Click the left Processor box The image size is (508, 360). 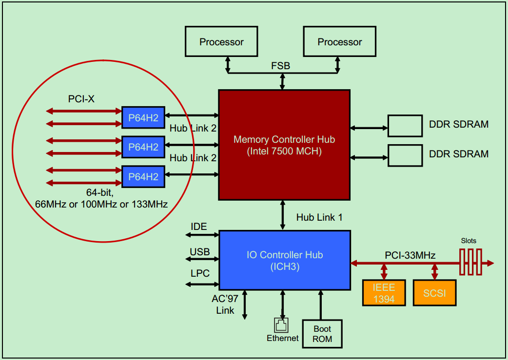tap(221, 42)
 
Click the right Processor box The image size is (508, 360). tap(339, 42)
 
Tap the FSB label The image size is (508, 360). tap(281, 65)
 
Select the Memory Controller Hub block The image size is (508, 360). tap(284, 145)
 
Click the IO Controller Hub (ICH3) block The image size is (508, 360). tap(285, 260)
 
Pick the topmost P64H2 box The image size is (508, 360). tap(143, 117)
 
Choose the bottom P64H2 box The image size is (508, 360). tap(143, 177)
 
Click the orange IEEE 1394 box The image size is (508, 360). tap(384, 292)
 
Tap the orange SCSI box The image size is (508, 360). tap(434, 293)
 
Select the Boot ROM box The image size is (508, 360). tap(322, 334)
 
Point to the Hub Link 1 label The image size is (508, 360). tap(319, 217)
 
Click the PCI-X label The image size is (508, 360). tap(81, 99)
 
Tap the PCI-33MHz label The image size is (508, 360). tap(410, 255)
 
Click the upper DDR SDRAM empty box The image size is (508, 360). tap(405, 126)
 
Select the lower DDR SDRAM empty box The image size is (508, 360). tap(405, 155)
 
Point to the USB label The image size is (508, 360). tap(200, 251)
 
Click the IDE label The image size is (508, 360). tap(199, 227)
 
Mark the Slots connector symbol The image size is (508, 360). tap(470, 263)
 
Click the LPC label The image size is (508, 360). tap(200, 273)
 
